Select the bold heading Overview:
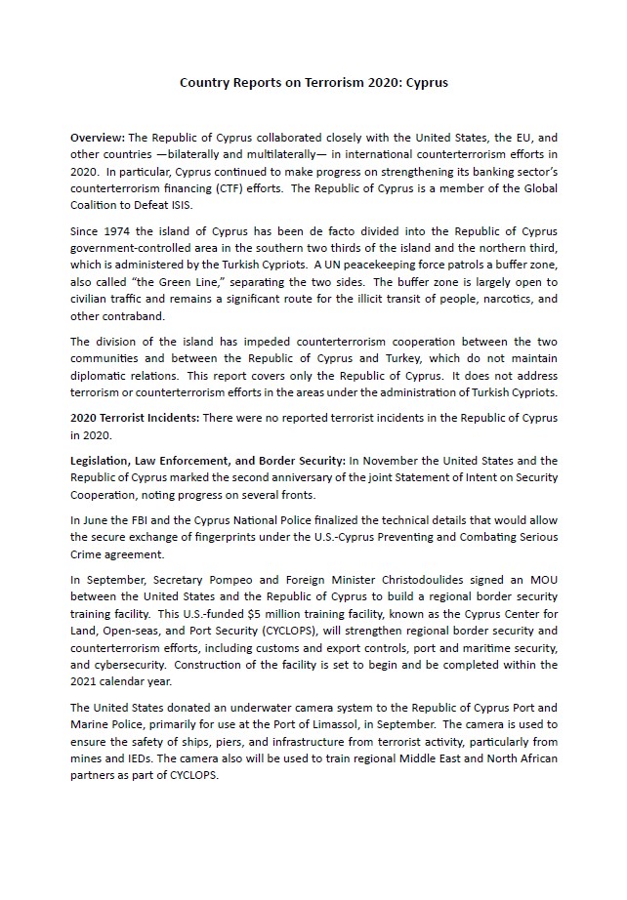98,138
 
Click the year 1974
107,230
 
